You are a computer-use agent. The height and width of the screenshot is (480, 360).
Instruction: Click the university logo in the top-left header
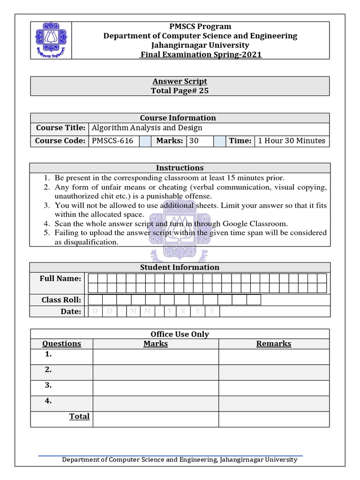coord(51,40)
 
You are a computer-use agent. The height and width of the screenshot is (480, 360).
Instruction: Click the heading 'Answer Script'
coord(180,82)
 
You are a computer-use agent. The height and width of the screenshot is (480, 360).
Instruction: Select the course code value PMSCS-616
coord(112,141)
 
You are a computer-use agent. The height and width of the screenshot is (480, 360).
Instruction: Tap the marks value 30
coord(194,141)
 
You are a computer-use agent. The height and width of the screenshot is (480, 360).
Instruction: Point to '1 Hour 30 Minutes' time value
coord(291,141)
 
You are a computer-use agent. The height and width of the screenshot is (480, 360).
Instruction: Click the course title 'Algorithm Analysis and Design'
coord(147,128)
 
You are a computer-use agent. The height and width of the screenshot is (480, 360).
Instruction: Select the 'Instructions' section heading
coord(180,168)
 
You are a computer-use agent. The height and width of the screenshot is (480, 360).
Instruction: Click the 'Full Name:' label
coord(60,278)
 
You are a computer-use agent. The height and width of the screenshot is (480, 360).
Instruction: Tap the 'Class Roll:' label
coord(61,300)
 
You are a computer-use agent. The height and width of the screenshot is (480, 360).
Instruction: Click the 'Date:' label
coord(71,312)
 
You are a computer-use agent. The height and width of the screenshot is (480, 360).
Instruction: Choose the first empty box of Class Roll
coord(95,300)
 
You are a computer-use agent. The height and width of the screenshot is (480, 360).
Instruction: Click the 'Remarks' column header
coord(274,344)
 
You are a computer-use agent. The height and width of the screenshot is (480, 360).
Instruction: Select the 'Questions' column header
coord(61,344)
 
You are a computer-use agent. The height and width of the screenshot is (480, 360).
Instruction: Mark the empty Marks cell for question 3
coord(156,388)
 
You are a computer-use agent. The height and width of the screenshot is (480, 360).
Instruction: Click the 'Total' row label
coord(79,416)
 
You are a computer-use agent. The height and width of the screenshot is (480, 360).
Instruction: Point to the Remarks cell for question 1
coord(274,357)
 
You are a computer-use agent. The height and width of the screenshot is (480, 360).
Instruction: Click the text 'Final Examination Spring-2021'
coord(201,55)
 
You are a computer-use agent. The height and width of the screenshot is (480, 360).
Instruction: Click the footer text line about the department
coord(180,460)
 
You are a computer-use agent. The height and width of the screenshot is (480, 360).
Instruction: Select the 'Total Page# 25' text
coord(180,91)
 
